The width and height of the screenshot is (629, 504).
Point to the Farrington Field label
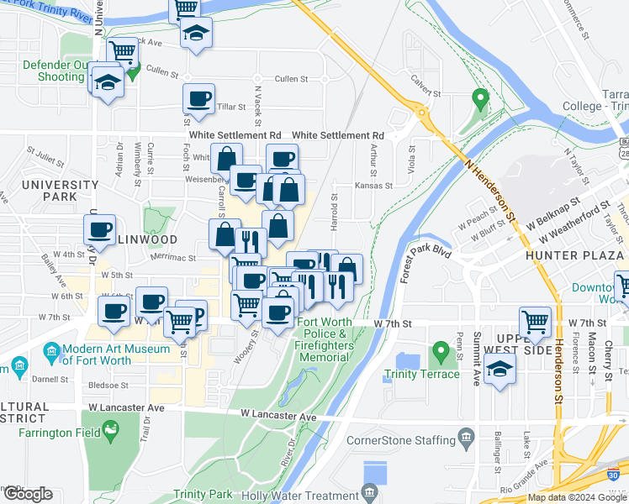pos(49,417)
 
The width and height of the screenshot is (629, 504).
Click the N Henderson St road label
pos(489,192)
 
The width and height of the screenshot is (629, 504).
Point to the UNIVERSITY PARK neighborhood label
pos(49,190)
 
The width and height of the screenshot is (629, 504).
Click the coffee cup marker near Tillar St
pos(199,99)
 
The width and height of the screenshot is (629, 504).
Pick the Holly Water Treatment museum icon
pos(368,491)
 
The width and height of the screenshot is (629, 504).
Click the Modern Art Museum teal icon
pos(51,349)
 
